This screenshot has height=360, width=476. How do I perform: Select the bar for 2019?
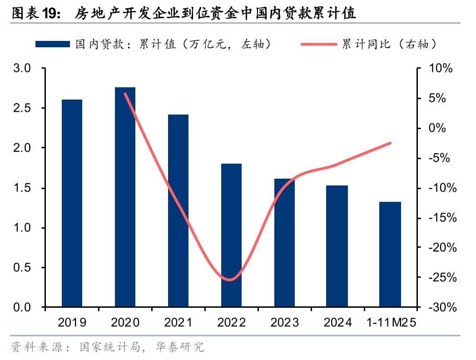[72, 203]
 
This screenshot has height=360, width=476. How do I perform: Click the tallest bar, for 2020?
[125, 197]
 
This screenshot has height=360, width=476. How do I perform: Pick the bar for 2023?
[284, 243]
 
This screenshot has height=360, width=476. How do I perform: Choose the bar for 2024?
[337, 246]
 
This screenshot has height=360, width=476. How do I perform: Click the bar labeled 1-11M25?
[390, 254]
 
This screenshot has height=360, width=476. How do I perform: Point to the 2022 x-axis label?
[231, 323]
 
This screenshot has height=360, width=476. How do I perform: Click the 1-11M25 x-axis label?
[391, 323]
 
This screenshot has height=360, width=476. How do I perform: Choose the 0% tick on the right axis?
[438, 128]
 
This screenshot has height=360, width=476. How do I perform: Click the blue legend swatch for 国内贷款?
[53, 44]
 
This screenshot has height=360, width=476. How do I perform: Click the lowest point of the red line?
[230, 280]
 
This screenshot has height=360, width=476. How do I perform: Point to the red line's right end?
[390, 143]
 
